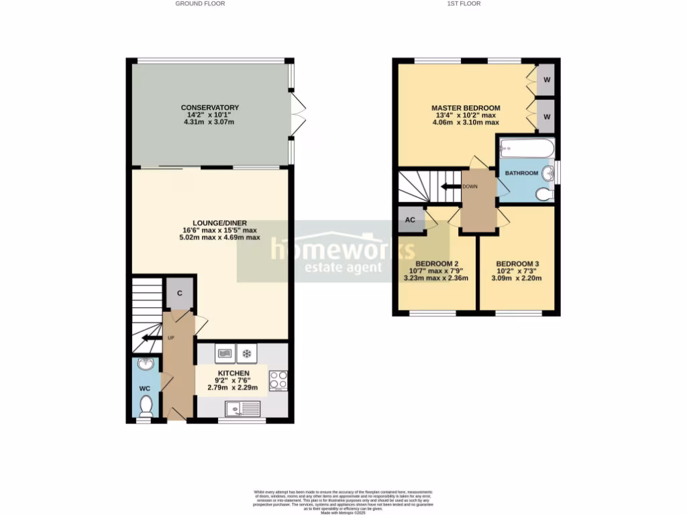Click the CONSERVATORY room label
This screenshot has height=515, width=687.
(209, 107)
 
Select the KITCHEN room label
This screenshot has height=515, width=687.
(233, 373)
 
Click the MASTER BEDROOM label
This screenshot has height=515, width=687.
(466, 108)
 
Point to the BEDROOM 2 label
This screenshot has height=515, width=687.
(437, 264)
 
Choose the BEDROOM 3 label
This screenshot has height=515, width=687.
(517, 264)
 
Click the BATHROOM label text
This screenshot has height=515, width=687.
(521, 173)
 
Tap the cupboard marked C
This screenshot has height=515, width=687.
(180, 293)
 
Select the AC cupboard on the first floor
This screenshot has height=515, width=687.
(411, 220)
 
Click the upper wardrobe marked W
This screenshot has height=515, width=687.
(547, 80)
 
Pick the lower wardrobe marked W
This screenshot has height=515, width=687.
(547, 116)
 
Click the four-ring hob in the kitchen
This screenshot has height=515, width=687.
(278, 380)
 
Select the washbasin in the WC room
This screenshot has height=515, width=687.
(146, 365)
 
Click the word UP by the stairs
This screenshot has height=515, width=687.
(170, 337)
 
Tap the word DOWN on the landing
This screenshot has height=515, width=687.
(470, 186)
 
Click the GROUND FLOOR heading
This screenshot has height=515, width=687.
(200, 3)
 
